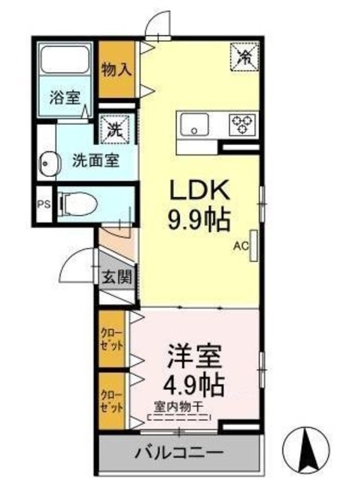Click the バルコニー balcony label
179,453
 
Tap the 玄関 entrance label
117,277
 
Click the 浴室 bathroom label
62,96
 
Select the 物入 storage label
117,69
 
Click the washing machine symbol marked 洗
117,128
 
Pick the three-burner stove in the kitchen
241,122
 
